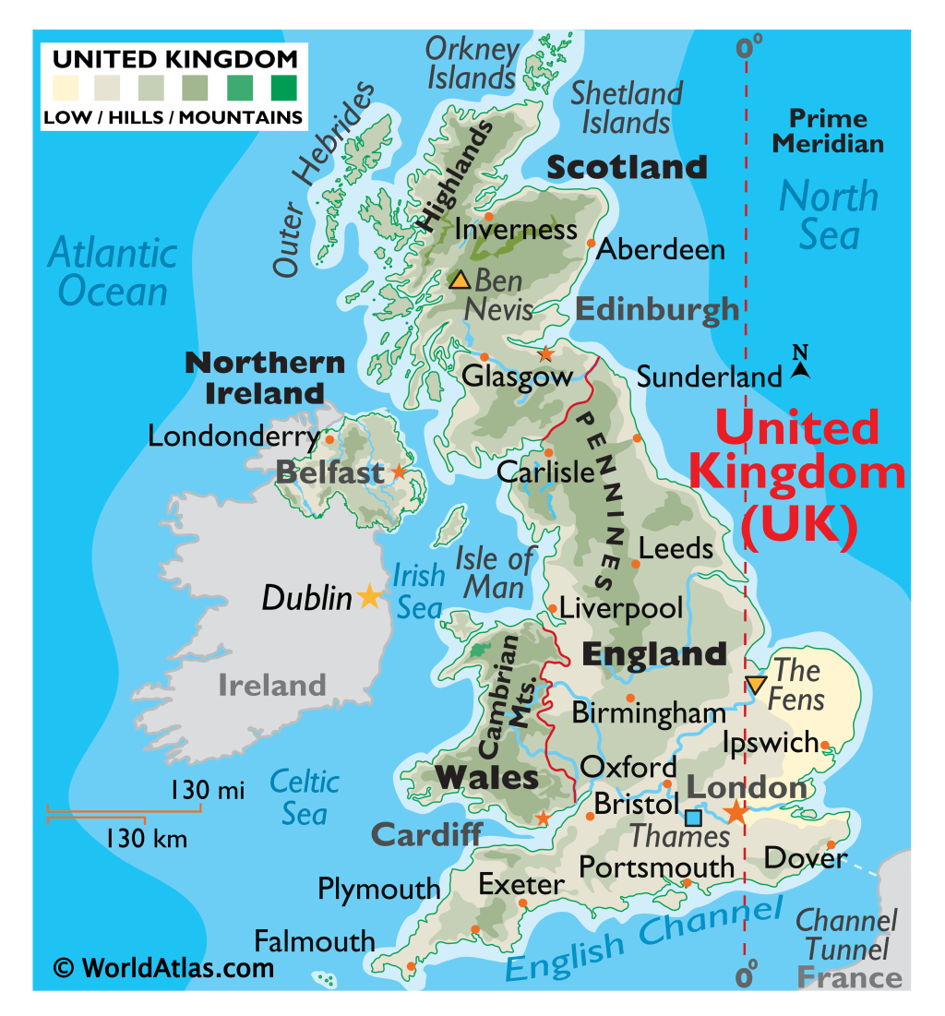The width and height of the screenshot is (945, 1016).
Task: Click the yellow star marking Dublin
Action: tap(369, 596)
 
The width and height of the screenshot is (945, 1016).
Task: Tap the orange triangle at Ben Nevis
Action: tap(460, 280)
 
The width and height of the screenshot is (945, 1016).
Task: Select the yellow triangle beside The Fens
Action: tap(755, 685)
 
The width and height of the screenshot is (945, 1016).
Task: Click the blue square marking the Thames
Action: tap(693, 818)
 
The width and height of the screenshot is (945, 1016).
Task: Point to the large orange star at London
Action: tap(736, 812)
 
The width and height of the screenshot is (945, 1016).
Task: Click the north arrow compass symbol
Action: tap(800, 364)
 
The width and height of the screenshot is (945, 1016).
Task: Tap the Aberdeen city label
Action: tap(661, 249)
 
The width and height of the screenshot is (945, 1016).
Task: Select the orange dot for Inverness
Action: tap(489, 217)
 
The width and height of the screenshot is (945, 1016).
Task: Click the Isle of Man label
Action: tap(495, 572)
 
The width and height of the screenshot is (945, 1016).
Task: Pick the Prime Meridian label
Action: tap(828, 131)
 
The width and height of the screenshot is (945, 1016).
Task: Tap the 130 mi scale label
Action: tap(207, 791)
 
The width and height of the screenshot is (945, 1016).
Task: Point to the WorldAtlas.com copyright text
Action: tap(164, 967)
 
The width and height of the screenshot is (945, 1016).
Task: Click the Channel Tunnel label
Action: tap(846, 934)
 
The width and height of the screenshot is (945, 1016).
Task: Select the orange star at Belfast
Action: tap(399, 472)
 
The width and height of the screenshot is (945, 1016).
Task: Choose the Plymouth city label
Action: tap(378, 890)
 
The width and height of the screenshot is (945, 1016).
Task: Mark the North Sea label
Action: tap(829, 215)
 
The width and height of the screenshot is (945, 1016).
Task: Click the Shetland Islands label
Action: tap(627, 107)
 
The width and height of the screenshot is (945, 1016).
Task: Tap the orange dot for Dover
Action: tap(831, 844)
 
